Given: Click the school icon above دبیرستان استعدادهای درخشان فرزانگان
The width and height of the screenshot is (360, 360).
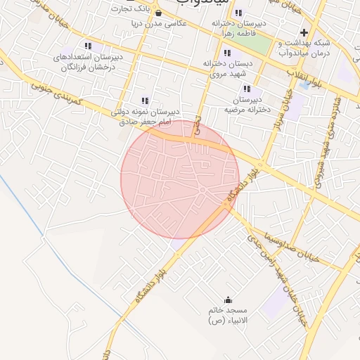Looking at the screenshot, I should click(x=88, y=46).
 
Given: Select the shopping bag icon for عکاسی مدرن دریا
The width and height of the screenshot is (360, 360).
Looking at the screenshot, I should click(x=158, y=13).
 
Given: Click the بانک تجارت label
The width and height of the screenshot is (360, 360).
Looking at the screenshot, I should click(x=136, y=8).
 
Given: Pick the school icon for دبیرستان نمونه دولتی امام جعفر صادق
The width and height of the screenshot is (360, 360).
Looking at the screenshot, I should click(x=146, y=101).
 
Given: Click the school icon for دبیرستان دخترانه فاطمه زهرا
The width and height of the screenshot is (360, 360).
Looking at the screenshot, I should click(x=239, y=13).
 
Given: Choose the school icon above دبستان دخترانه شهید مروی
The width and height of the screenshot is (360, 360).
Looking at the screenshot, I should click(x=226, y=53).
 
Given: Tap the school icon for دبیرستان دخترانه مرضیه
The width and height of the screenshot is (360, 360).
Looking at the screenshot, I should click(x=247, y=89).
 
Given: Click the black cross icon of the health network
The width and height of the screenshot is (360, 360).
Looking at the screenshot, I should click(x=304, y=32).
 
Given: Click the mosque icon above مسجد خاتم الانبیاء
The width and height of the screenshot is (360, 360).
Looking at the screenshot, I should click(x=227, y=300).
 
